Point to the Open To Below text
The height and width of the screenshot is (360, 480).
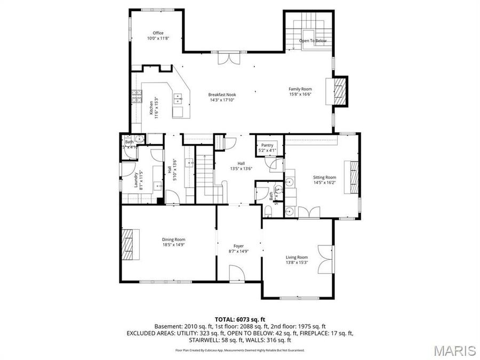tap(313, 41)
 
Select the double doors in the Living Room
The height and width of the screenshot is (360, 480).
tap(323, 258)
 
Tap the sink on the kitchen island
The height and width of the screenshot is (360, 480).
tap(178, 98)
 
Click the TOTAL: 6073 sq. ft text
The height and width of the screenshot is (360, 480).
tap(239, 318)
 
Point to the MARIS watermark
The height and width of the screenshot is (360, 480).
tap(454, 351)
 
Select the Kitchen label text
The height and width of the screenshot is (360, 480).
tap(152, 109)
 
